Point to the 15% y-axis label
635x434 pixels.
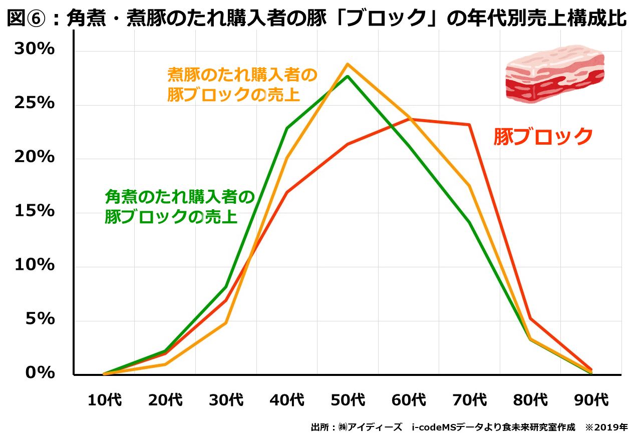tap(34, 211)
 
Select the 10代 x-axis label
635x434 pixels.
tap(104, 400)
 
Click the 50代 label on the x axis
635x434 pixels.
tap(348, 400)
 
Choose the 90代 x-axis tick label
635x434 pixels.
tap(591, 400)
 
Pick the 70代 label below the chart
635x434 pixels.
tap(469, 400)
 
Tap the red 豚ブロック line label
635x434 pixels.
tap(543, 137)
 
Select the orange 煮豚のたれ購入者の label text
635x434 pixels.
tap(242, 76)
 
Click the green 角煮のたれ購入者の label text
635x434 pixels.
tap(180, 197)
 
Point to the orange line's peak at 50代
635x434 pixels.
tap(347, 64)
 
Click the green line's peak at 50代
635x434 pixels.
tap(348, 76)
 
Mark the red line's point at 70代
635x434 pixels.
tap(469, 125)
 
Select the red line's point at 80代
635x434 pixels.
tap(530, 318)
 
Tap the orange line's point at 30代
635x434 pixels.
tap(226, 322)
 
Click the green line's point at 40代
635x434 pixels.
tap(286, 128)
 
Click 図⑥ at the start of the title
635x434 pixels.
tap(28, 19)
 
